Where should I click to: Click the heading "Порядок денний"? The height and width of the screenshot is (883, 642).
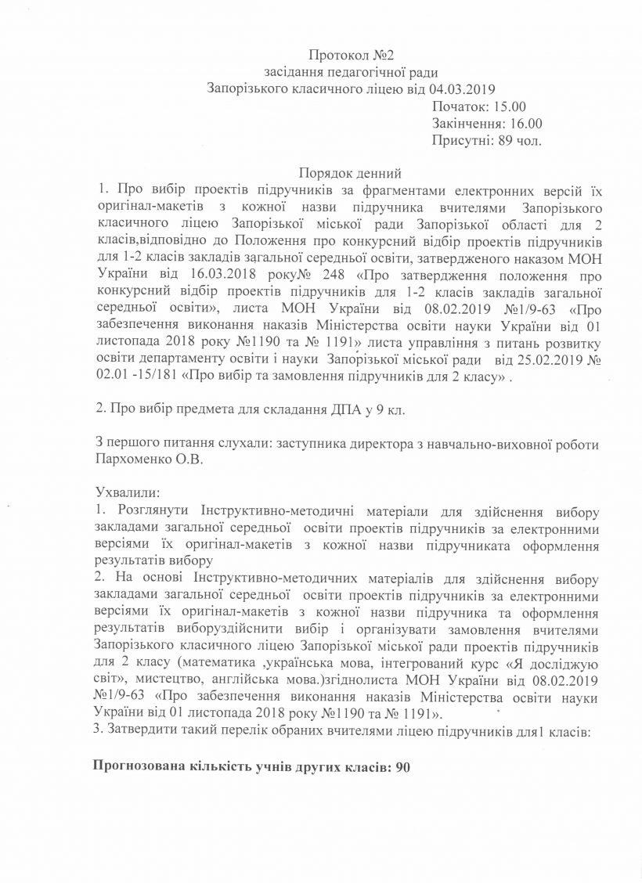(x=351, y=174)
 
